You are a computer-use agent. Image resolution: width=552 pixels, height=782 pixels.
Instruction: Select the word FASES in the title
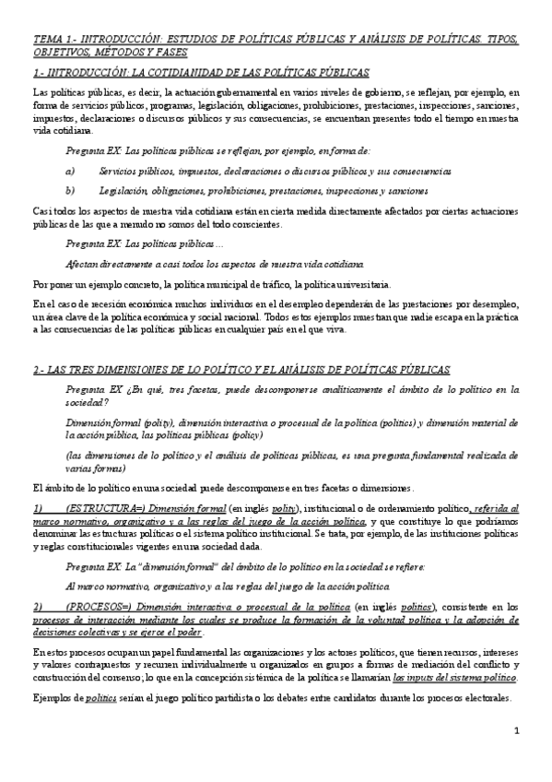[185, 53]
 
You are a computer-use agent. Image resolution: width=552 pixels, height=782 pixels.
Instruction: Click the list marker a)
[70, 172]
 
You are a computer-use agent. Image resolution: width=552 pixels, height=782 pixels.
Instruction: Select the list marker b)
[70, 191]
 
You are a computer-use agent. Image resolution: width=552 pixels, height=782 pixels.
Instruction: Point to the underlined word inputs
[427, 651]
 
